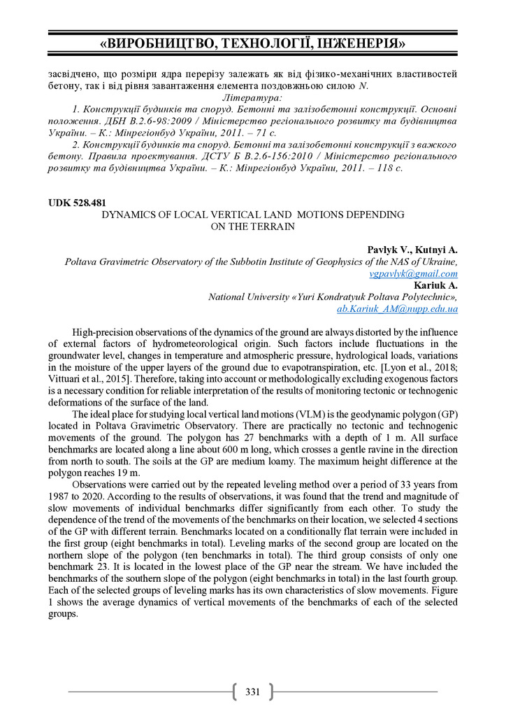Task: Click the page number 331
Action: pyautogui.click(x=252, y=692)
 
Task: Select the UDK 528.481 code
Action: pyautogui.click(x=77, y=203)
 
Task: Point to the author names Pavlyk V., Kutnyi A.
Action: pyautogui.click(x=412, y=250)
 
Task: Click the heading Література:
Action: pyautogui.click(x=252, y=99)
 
